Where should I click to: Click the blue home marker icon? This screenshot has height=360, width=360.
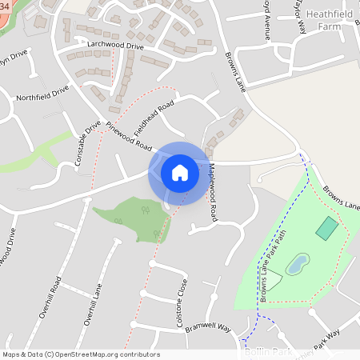[179, 172]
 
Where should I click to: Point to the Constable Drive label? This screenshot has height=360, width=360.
[88, 143]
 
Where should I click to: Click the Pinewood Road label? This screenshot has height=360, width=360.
[128, 136]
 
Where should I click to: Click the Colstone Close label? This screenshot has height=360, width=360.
[182, 297]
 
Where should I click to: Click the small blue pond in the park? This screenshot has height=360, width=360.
[297, 263]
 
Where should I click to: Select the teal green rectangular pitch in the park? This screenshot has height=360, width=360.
[326, 228]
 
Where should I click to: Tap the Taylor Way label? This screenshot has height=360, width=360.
[302, 16]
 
